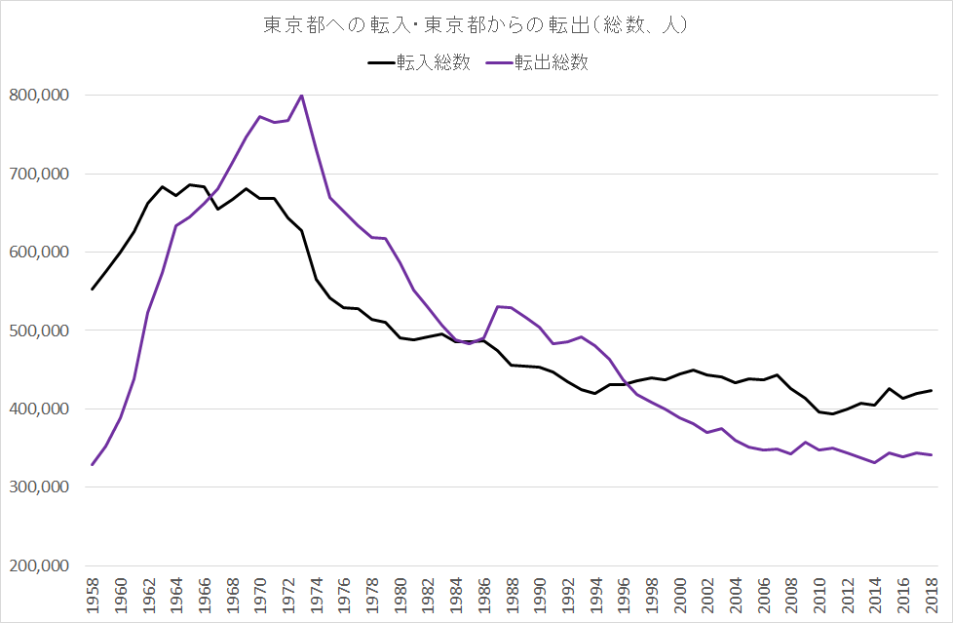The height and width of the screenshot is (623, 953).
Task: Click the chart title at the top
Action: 476,25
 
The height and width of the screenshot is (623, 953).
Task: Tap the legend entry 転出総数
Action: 551,62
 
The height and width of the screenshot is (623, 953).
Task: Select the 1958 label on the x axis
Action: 93,594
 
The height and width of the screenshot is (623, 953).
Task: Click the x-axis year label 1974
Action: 317,594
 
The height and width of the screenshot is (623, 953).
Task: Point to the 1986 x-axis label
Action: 484,594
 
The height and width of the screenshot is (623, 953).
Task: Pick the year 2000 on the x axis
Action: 680,594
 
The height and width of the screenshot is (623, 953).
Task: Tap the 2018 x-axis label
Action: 933,594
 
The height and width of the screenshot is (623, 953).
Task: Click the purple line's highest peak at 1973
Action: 302,95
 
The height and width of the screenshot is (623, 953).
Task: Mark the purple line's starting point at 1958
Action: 93,464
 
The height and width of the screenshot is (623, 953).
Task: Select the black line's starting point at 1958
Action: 93,289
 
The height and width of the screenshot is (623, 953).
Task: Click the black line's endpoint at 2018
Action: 932,391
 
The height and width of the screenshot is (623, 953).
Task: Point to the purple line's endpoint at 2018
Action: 932,455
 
